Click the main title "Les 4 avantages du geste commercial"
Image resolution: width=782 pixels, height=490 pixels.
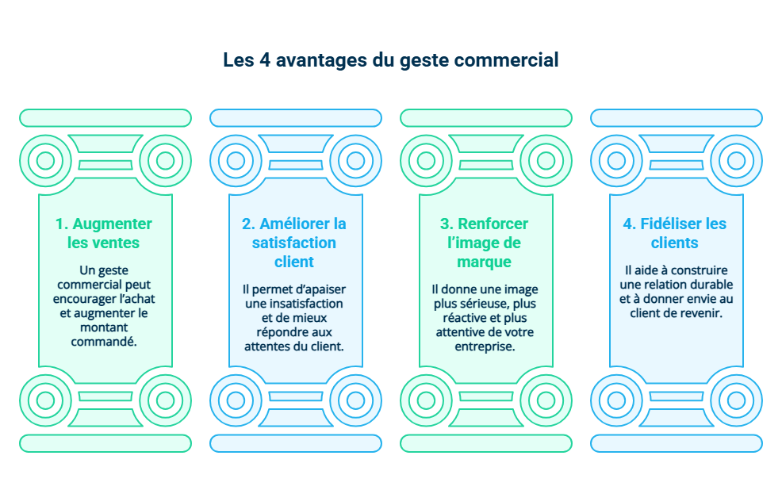(390, 60)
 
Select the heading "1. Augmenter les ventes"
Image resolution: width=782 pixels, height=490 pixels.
(104, 233)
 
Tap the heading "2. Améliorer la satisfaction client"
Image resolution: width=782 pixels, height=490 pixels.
(294, 243)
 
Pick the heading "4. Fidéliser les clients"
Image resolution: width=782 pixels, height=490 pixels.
(675, 233)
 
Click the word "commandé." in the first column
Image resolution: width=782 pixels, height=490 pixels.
(104, 342)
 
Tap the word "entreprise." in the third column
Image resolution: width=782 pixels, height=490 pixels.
(485, 346)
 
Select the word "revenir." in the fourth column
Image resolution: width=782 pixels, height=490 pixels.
(700, 313)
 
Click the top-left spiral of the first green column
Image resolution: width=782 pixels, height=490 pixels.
(46, 161)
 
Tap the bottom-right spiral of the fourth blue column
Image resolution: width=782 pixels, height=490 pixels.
(736, 400)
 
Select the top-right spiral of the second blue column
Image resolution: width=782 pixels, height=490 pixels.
(355, 161)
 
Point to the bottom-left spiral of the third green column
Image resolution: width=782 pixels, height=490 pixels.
(427, 400)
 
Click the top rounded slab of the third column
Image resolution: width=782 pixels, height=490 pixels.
(485, 118)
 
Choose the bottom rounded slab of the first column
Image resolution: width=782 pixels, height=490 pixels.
(105, 443)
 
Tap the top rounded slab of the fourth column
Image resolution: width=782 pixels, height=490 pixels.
(676, 118)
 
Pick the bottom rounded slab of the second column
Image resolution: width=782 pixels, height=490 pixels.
(295, 443)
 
